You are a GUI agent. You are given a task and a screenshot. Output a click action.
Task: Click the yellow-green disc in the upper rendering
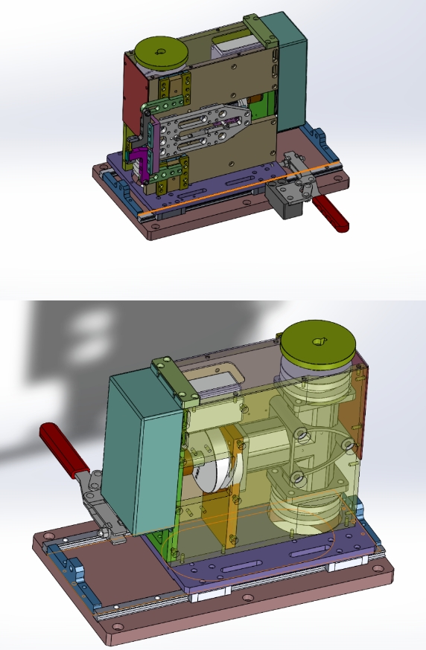click(161, 54)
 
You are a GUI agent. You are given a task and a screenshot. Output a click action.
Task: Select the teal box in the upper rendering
click(287, 71)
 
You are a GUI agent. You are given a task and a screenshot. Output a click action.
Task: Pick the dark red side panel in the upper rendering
click(133, 89)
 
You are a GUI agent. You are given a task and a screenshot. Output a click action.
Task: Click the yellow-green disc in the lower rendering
click(319, 344)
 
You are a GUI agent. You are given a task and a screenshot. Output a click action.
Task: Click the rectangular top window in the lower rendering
click(215, 379)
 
